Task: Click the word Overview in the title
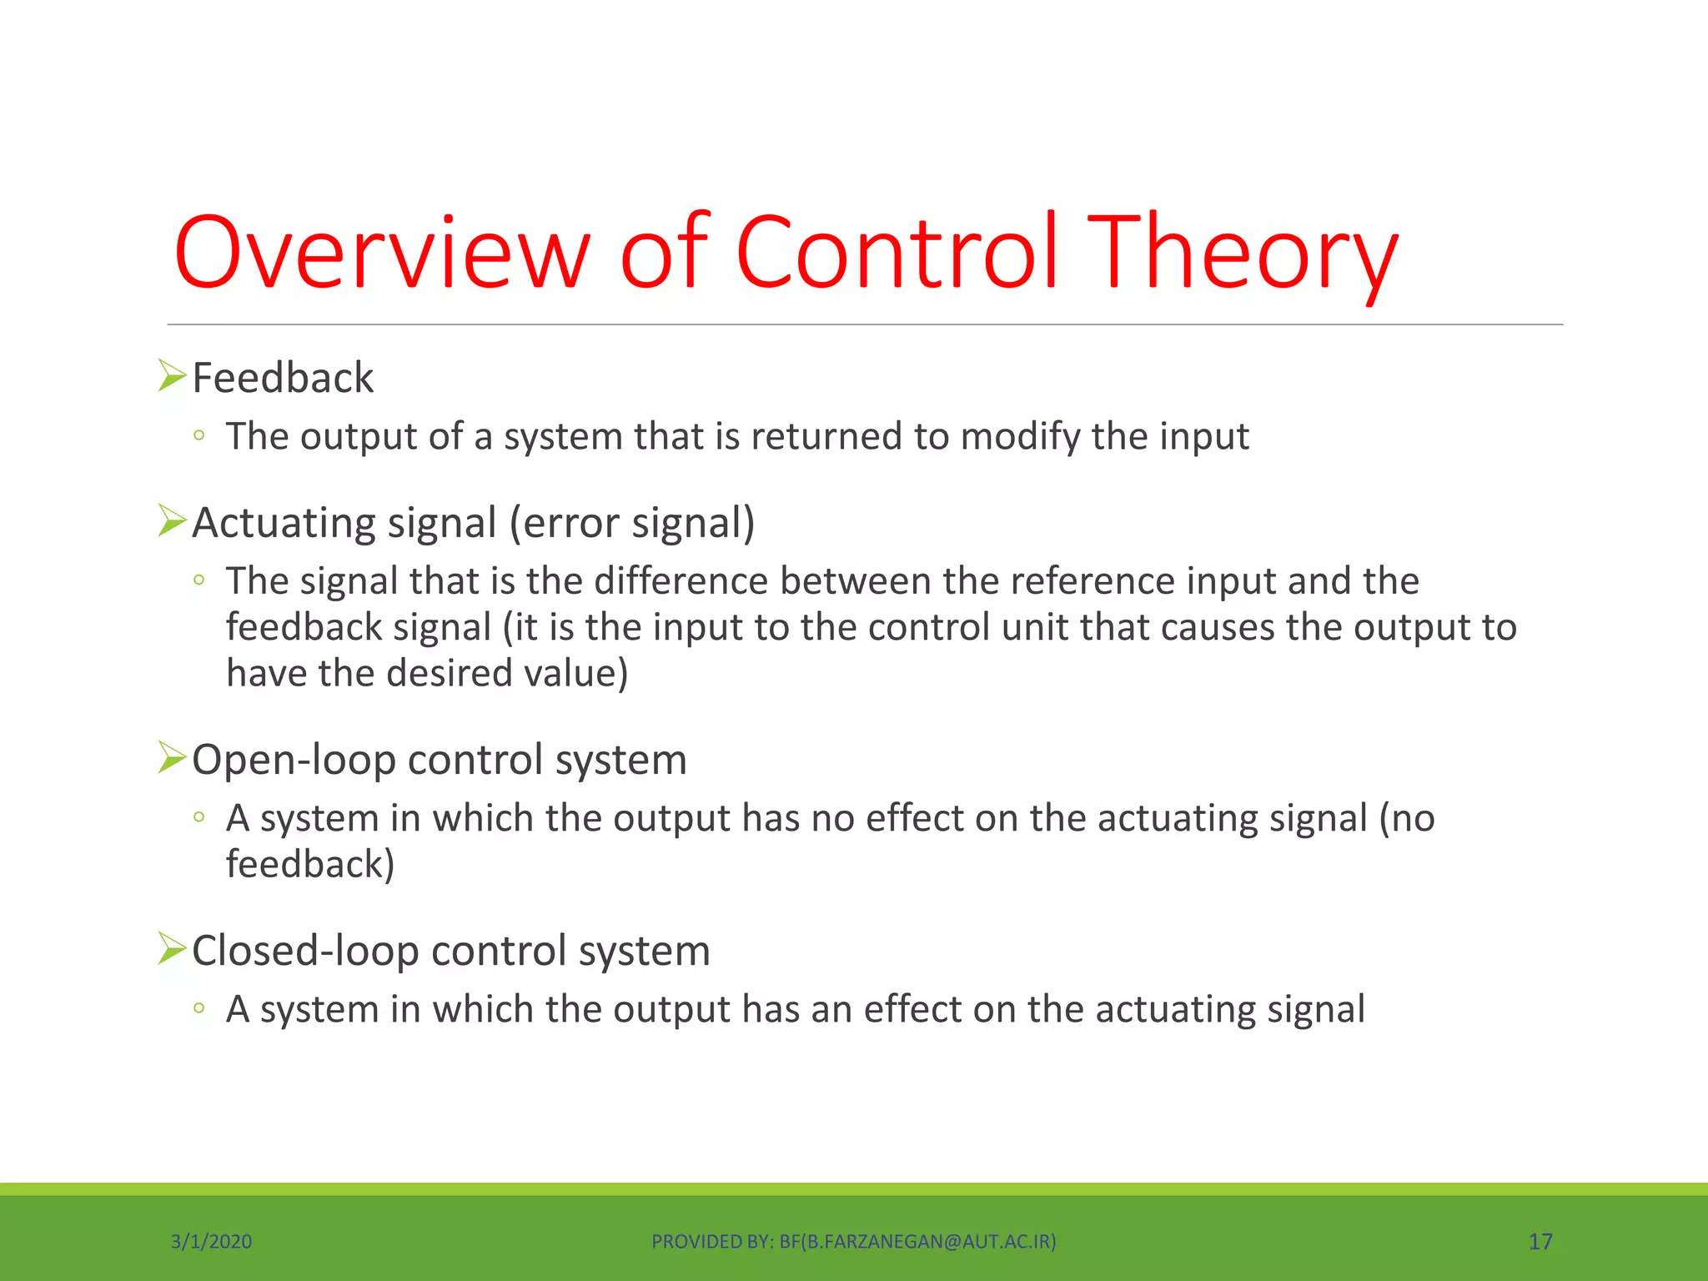coord(382,252)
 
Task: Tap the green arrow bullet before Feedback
coord(171,376)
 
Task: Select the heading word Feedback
coord(283,378)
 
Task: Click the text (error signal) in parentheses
coord(631,524)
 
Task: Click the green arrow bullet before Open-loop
coord(171,757)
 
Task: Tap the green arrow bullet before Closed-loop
coord(171,948)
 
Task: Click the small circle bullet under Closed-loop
coord(198,1008)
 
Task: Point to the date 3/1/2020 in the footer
coord(211,1242)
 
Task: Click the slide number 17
coord(1540,1242)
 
